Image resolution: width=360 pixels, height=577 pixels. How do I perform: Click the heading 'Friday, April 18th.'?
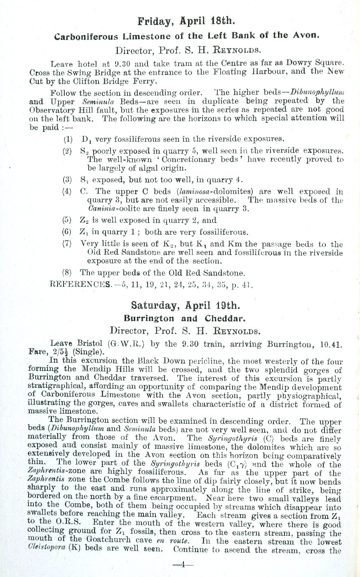[x=187, y=21]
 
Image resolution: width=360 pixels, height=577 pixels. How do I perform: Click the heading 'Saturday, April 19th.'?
[x=185, y=305]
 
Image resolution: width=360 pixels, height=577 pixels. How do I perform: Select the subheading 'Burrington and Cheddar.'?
[x=185, y=319]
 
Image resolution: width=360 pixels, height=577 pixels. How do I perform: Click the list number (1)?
[x=68, y=139]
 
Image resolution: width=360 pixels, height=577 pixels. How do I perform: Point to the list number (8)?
[x=68, y=273]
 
